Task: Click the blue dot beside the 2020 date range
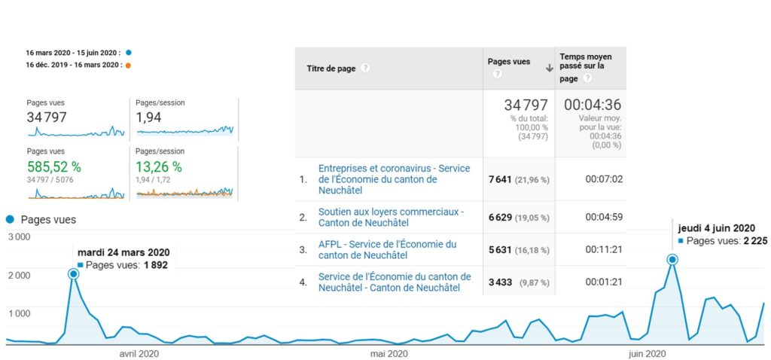tap(129, 53)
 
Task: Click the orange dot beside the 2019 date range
tap(129, 66)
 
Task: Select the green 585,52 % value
tap(53, 166)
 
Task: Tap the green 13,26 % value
tap(158, 166)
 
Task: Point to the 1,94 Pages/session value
tap(149, 117)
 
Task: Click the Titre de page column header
tap(331, 69)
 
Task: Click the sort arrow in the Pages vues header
tap(549, 69)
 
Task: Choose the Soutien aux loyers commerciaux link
tap(391, 217)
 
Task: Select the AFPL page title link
tap(387, 249)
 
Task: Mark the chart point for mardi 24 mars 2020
tap(74, 274)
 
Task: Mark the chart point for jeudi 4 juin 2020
tap(672, 260)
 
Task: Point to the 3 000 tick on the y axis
tap(19, 237)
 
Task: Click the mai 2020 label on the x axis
tap(389, 353)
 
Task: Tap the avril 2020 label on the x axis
tap(139, 353)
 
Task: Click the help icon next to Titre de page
tap(365, 69)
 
